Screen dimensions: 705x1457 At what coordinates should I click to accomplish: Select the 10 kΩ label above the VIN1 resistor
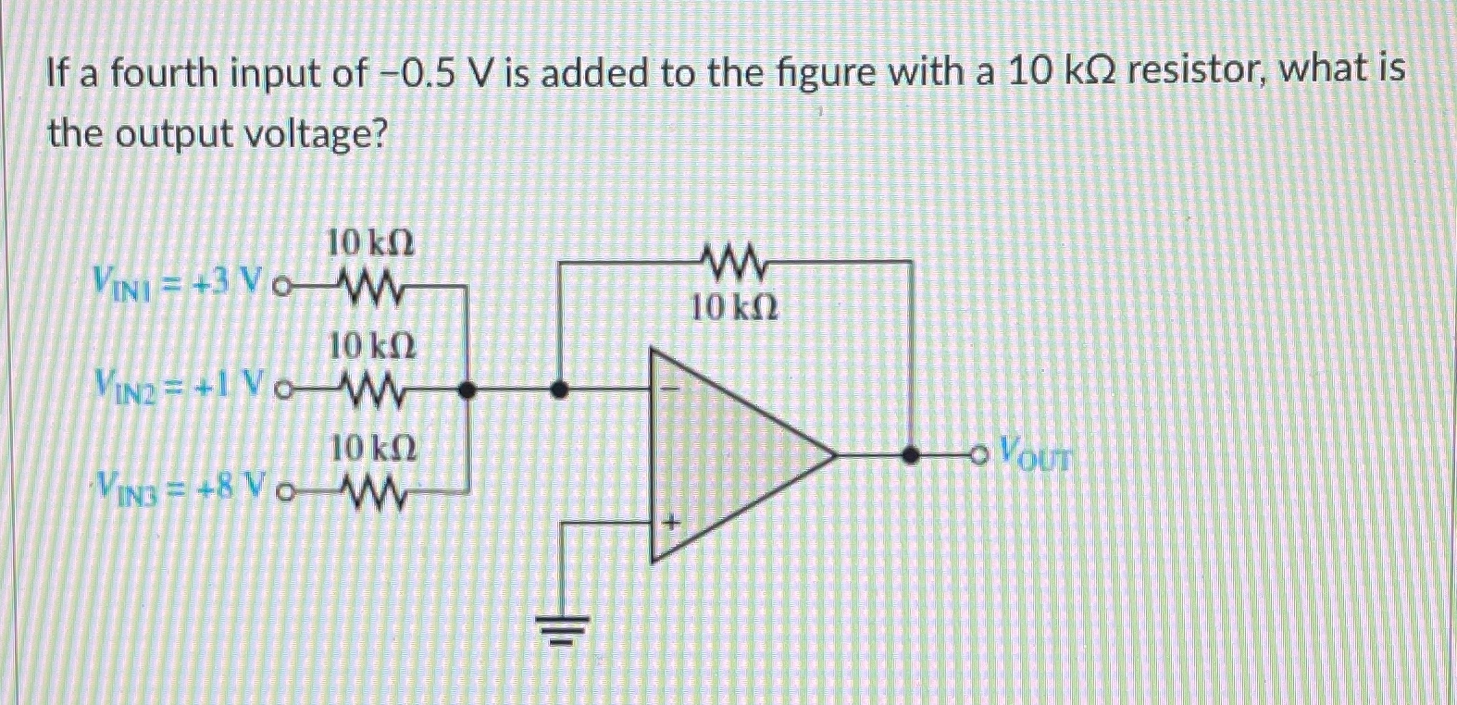[x=371, y=243]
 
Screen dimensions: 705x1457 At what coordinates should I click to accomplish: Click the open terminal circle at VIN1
[x=283, y=287]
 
